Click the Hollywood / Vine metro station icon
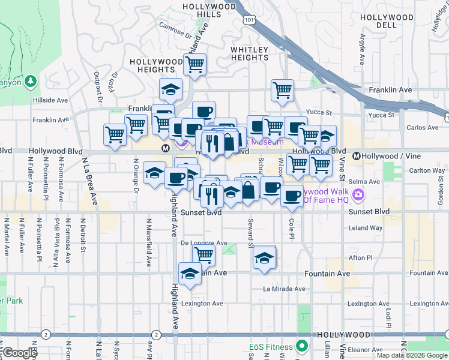[x=357, y=156]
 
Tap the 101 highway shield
[x=249, y=20]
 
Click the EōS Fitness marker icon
[x=302, y=347]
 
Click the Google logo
[x=19, y=353]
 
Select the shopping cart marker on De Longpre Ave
[x=203, y=254]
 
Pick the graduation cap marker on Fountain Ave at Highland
[x=190, y=274]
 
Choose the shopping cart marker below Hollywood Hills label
[x=194, y=64]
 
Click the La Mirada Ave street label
[x=284, y=289]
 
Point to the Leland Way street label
[x=366, y=228]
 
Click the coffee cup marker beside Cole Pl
[x=292, y=195]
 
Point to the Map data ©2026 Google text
[x=412, y=355]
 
